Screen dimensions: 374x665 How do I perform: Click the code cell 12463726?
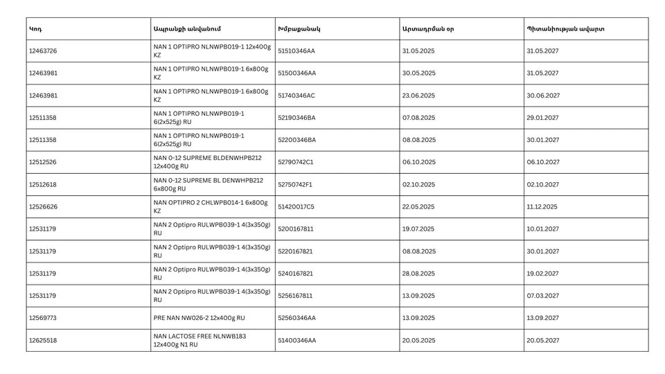pyautogui.click(x=43, y=51)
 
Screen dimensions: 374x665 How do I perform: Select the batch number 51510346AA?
pyautogui.click(x=296, y=51)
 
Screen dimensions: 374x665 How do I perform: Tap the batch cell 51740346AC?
pyautogui.click(x=296, y=96)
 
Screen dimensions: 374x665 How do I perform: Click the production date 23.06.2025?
pyautogui.click(x=418, y=96)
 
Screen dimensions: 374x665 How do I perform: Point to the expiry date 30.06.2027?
pyautogui.click(x=543, y=96)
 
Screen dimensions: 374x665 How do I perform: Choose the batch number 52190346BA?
pyautogui.click(x=296, y=118)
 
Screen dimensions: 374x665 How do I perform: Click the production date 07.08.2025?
pyautogui.click(x=418, y=118)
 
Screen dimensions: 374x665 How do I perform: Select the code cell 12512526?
pyautogui.click(x=43, y=162)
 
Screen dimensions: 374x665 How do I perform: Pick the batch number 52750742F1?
pyautogui.click(x=295, y=185)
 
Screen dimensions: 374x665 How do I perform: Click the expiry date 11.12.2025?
pyautogui.click(x=542, y=207)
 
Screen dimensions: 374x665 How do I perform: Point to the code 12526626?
pyautogui.click(x=43, y=207)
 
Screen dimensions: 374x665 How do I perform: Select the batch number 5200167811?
pyautogui.click(x=295, y=229)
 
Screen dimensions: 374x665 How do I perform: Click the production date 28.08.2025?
pyautogui.click(x=418, y=274)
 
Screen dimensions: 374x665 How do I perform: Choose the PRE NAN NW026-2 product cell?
pyautogui.click(x=199, y=318)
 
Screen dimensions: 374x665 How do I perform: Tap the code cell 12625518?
pyautogui.click(x=43, y=341)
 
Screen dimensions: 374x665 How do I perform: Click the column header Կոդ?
pyautogui.click(x=35, y=29)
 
